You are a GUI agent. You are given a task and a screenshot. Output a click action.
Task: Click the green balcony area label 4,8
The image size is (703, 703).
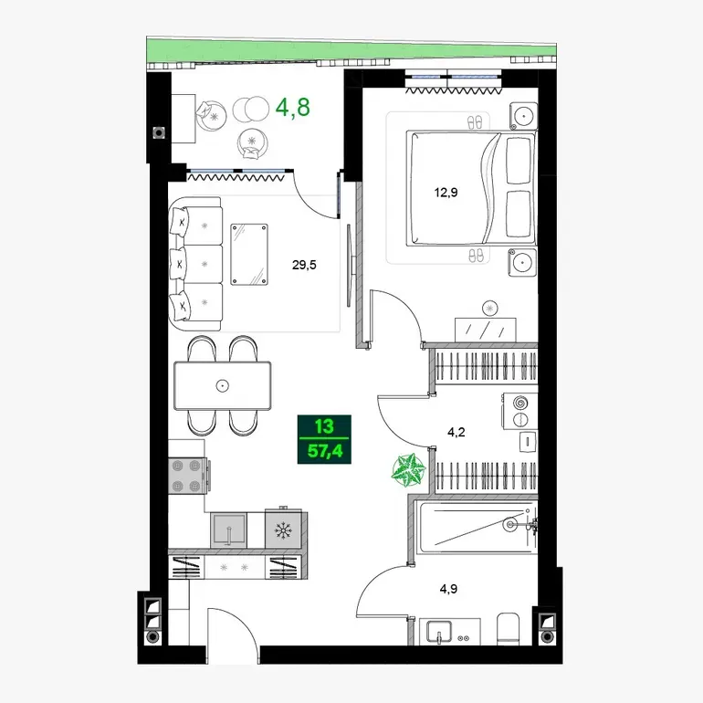pyautogui.click(x=292, y=108)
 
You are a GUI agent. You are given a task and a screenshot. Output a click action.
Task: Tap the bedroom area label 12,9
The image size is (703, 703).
pyautogui.click(x=446, y=193)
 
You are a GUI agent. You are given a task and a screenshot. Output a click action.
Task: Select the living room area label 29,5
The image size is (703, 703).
pyautogui.click(x=304, y=265)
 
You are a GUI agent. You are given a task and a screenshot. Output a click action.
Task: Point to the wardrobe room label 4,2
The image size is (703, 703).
pyautogui.click(x=456, y=432)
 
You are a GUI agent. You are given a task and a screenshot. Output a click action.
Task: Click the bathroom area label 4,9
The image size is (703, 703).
pyautogui.click(x=448, y=589)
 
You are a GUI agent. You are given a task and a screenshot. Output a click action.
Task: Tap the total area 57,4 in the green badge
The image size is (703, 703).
pyautogui.click(x=325, y=451)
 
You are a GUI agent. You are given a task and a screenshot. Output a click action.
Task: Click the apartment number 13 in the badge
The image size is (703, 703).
pyautogui.click(x=324, y=426)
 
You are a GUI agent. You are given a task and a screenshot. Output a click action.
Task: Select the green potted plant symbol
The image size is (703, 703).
pyautogui.click(x=408, y=470)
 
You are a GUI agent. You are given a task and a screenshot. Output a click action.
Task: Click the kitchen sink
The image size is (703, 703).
pyautogui.click(x=228, y=530)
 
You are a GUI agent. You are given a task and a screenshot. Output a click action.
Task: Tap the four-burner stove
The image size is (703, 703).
pyautogui.click(x=187, y=477)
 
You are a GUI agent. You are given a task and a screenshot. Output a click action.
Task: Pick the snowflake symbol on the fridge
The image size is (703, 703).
pyautogui.click(x=283, y=531)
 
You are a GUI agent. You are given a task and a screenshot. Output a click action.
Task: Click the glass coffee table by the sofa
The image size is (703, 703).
pyautogui.click(x=249, y=254)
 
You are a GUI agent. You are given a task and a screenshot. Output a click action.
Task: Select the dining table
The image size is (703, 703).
pyautogui.click(x=223, y=385)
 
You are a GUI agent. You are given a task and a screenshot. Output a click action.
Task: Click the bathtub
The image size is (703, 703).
pyautogui.click(x=477, y=528)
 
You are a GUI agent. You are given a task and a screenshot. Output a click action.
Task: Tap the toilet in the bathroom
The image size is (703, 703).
pyautogui.click(x=509, y=629)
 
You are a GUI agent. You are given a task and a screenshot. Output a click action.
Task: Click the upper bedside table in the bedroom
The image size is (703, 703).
pyautogui.click(x=523, y=116)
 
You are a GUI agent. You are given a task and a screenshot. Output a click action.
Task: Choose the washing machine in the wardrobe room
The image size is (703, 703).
pyautogui.click(x=520, y=411)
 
